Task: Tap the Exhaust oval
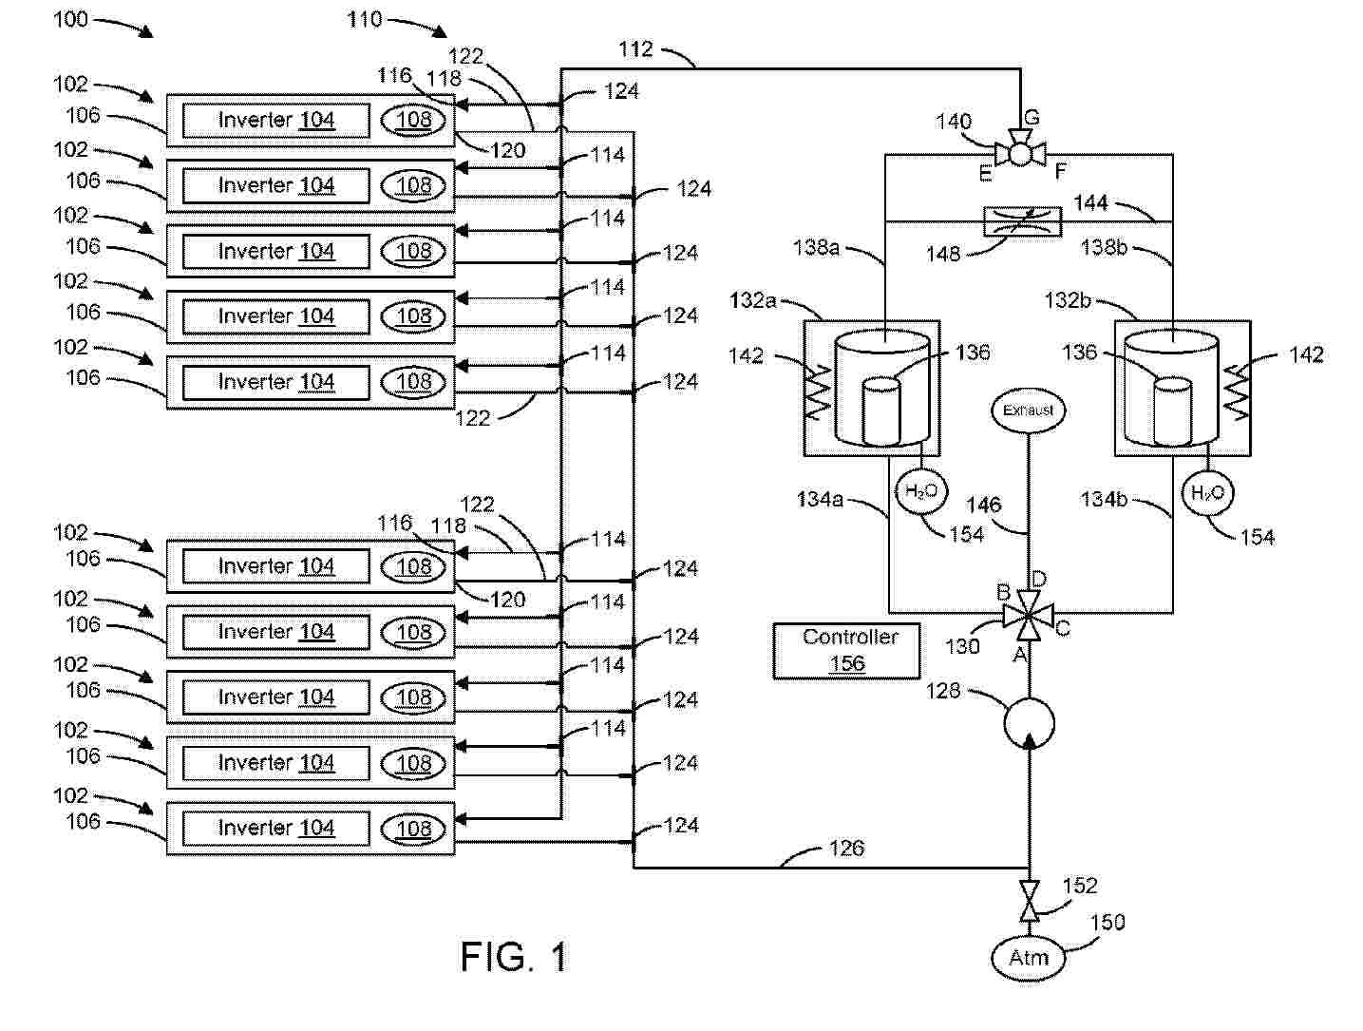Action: (x=1028, y=410)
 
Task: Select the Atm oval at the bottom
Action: (x=1028, y=958)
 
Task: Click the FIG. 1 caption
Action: (x=514, y=957)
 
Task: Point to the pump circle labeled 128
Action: (x=1028, y=722)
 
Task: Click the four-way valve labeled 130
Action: (x=1028, y=615)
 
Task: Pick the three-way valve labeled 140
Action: (x=1020, y=153)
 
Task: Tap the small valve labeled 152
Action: (x=1028, y=900)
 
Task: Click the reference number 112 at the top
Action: (x=635, y=48)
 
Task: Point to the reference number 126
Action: (x=845, y=848)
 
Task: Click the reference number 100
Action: (x=70, y=19)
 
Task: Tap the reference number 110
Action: (x=365, y=19)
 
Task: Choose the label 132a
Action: (x=753, y=300)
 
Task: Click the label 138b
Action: (x=1104, y=248)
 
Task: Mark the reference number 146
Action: (x=984, y=505)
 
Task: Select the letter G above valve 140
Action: (x=1032, y=118)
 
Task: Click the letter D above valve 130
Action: (x=1039, y=579)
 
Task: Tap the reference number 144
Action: (x=1090, y=202)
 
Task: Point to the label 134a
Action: (x=820, y=499)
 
